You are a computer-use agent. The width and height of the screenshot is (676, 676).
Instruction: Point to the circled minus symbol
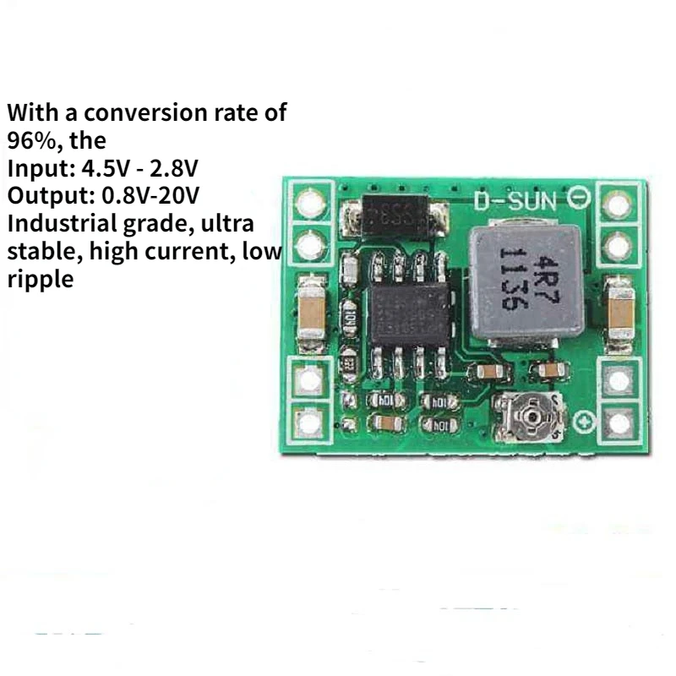coord(581,199)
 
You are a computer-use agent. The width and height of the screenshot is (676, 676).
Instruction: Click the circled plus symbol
coord(582,420)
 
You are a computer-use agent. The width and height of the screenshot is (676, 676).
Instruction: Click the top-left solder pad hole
coord(311,204)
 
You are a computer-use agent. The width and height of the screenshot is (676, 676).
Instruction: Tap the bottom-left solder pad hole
coord(311,422)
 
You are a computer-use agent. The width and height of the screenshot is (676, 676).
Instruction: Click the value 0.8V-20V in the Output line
coord(150,195)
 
